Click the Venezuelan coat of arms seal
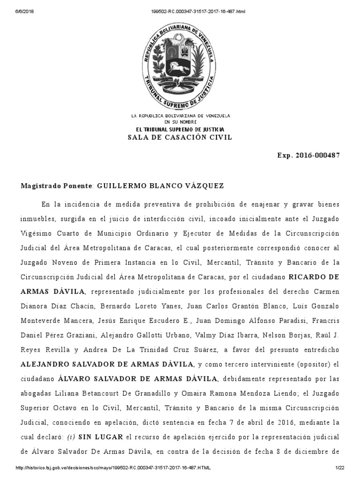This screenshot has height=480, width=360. [180, 64]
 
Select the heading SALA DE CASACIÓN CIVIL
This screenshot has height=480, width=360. [180, 137]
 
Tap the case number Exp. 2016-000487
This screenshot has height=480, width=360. [308, 155]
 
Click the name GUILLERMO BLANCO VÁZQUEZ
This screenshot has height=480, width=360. [160, 186]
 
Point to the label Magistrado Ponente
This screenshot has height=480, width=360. [57, 186]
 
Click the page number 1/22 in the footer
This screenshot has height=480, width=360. [340, 468]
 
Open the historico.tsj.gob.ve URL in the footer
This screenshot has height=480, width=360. [112, 468]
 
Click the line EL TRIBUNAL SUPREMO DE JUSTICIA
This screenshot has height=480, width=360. [180, 129]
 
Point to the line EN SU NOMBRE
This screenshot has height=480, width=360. [180, 121]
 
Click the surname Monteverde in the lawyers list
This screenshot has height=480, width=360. [42, 320]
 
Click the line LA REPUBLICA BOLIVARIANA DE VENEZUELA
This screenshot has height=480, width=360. [180, 115]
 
